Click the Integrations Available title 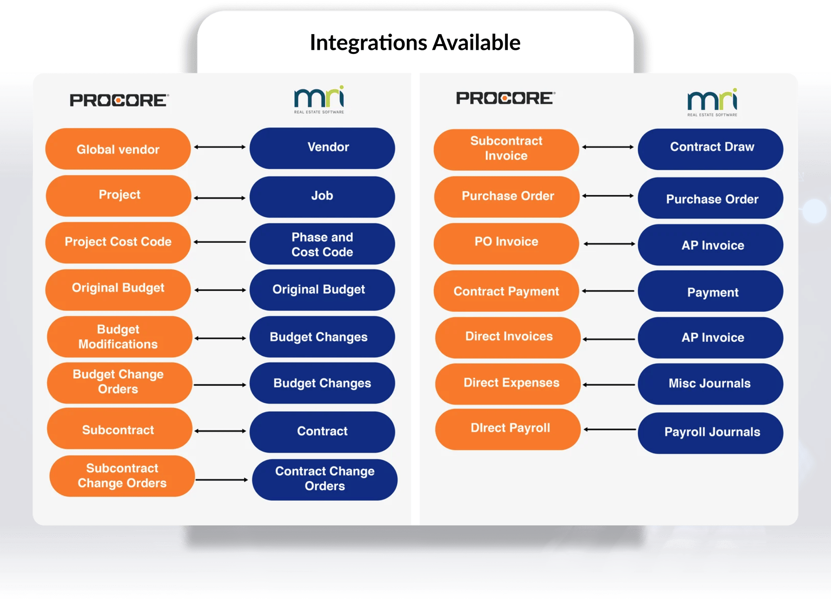click(x=415, y=43)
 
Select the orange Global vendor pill click(x=118, y=149)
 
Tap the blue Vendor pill click(x=322, y=148)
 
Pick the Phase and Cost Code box click(x=322, y=244)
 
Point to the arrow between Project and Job click(x=220, y=198)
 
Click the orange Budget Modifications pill click(x=119, y=337)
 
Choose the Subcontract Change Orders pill click(x=122, y=476)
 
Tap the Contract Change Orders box click(x=325, y=479)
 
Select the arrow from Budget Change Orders click(x=220, y=385)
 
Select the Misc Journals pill click(x=711, y=384)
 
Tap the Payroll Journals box click(x=711, y=433)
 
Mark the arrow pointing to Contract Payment click(x=608, y=291)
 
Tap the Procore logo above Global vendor click(x=119, y=100)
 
